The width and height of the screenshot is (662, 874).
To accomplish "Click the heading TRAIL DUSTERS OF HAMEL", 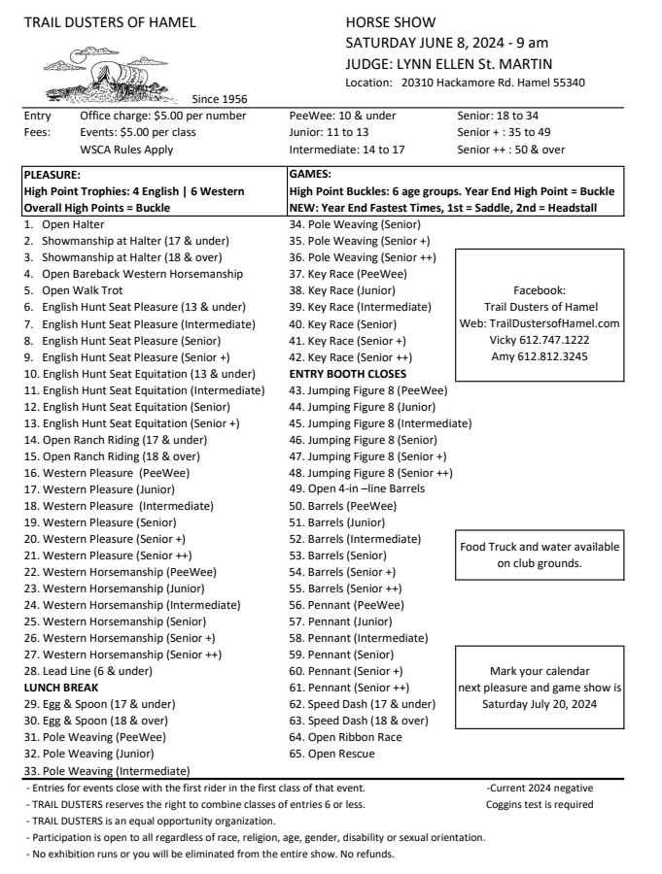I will [x=108, y=22].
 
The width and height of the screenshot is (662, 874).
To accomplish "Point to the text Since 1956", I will [x=220, y=98].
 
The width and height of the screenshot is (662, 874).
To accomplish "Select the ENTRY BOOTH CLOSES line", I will [x=348, y=373].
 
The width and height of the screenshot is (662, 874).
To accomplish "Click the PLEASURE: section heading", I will [x=52, y=174].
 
